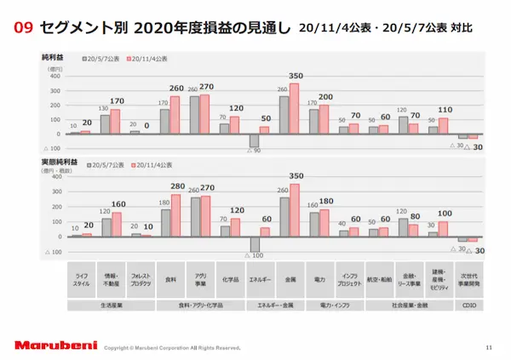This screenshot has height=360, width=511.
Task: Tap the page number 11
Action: coord(488,346)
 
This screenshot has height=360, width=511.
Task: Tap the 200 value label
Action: coord(325,97)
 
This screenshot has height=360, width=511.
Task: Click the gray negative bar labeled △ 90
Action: coord(253,140)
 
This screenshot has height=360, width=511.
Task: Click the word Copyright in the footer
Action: coord(118,348)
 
